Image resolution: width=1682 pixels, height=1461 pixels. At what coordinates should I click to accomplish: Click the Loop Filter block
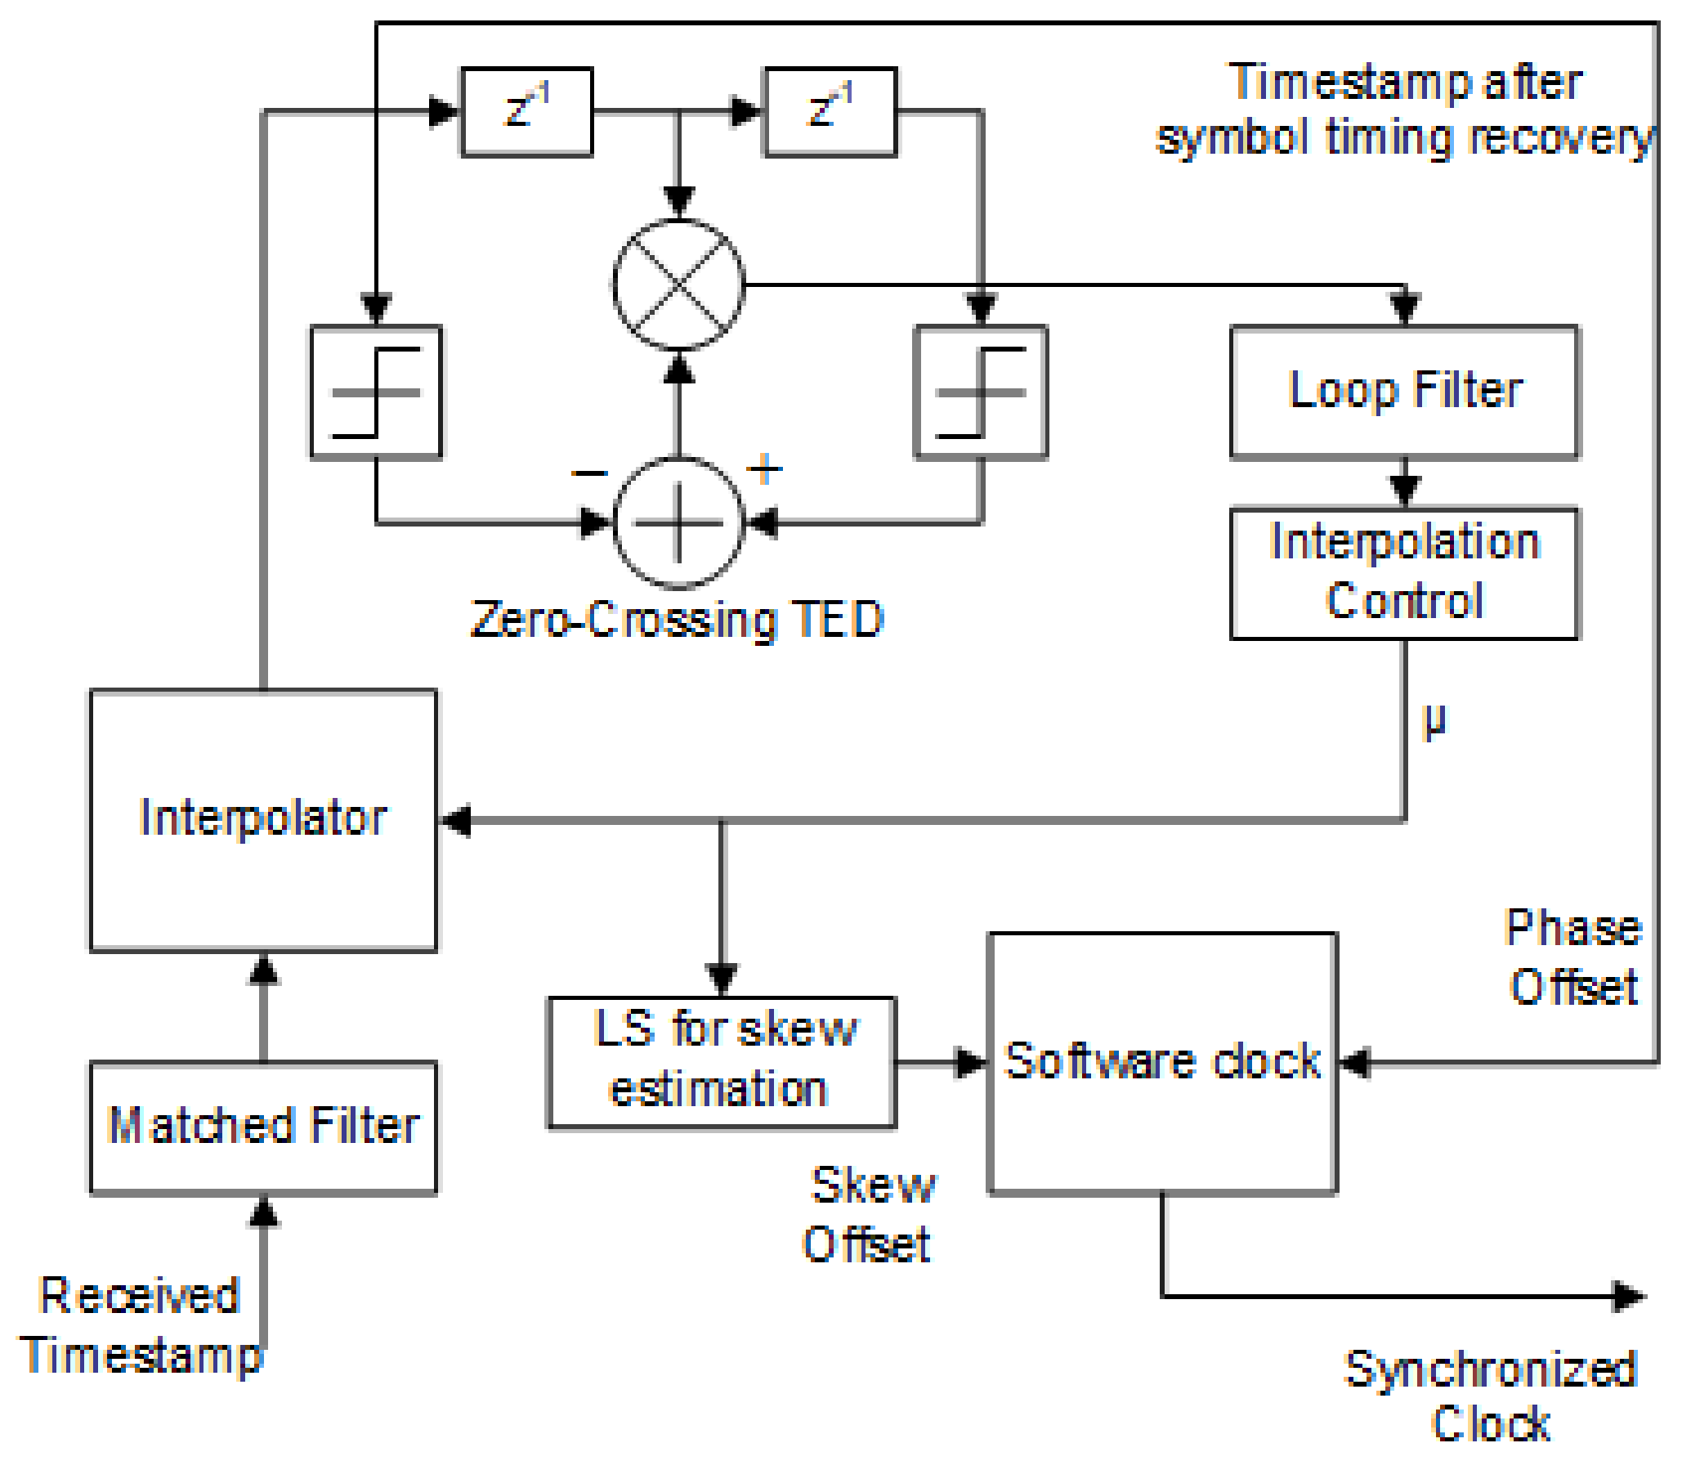tap(1404, 392)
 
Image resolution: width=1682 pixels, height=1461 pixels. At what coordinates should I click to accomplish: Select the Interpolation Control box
tap(1404, 573)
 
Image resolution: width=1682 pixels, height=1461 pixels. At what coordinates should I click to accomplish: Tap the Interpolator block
tap(263, 819)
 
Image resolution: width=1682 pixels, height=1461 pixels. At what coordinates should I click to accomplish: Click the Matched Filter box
tap(263, 1127)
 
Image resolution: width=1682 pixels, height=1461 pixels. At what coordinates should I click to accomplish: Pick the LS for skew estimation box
tap(722, 1061)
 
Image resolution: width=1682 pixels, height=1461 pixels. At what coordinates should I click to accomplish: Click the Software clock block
tap(1162, 1062)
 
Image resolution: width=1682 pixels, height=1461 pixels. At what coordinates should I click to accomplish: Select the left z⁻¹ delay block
tap(527, 111)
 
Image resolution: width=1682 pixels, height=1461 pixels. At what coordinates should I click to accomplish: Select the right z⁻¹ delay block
tap(830, 111)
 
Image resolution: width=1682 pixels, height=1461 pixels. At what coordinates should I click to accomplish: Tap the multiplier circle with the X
tap(678, 285)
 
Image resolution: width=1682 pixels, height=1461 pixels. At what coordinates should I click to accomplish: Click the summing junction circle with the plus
tap(678, 522)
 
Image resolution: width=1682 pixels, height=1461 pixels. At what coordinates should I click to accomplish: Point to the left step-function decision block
tap(376, 392)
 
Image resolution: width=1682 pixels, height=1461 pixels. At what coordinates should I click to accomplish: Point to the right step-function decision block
tap(981, 392)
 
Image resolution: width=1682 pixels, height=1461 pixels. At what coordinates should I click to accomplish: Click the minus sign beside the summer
tap(589, 473)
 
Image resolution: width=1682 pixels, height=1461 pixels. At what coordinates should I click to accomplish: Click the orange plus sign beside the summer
tap(765, 469)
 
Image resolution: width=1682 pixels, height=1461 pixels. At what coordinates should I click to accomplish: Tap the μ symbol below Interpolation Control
tap(1434, 721)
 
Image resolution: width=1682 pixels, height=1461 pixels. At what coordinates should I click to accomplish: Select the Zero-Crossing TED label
tap(678, 619)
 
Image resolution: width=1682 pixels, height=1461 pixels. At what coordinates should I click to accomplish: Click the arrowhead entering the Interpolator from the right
tap(456, 820)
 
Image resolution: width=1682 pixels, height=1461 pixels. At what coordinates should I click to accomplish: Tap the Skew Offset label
tap(870, 1214)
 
